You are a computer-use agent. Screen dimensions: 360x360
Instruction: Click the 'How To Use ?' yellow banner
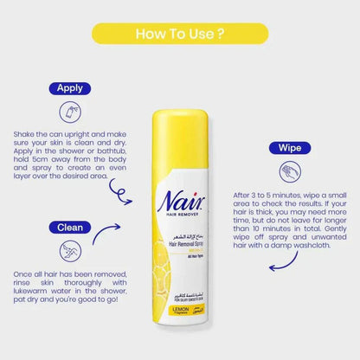(x=179, y=35)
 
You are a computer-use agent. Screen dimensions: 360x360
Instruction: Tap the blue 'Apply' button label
(x=69, y=88)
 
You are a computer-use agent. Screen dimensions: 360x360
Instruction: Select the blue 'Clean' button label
(x=69, y=227)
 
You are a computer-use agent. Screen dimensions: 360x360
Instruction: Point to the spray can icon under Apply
(x=70, y=112)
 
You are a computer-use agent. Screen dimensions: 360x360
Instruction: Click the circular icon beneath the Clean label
(x=70, y=251)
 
